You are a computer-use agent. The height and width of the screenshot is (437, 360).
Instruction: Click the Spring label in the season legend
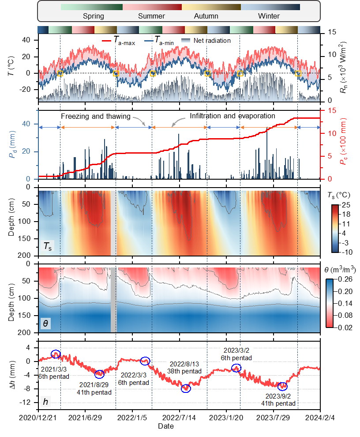[x=94, y=16]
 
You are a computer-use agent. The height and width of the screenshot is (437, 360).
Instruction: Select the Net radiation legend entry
[x=210, y=41]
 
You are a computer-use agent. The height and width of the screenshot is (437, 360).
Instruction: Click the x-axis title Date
[x=166, y=426]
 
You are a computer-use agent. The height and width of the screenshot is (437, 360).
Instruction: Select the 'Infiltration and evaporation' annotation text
[x=232, y=116]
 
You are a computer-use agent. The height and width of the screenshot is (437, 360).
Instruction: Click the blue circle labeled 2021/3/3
[x=56, y=354]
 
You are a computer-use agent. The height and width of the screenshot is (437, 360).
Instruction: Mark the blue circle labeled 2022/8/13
[x=186, y=388]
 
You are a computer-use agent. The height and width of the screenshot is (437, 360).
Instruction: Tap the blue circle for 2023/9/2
[x=282, y=386]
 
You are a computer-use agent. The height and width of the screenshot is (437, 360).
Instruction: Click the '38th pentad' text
[x=186, y=372]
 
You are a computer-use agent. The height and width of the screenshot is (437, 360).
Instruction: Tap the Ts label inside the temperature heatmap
[x=48, y=247]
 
